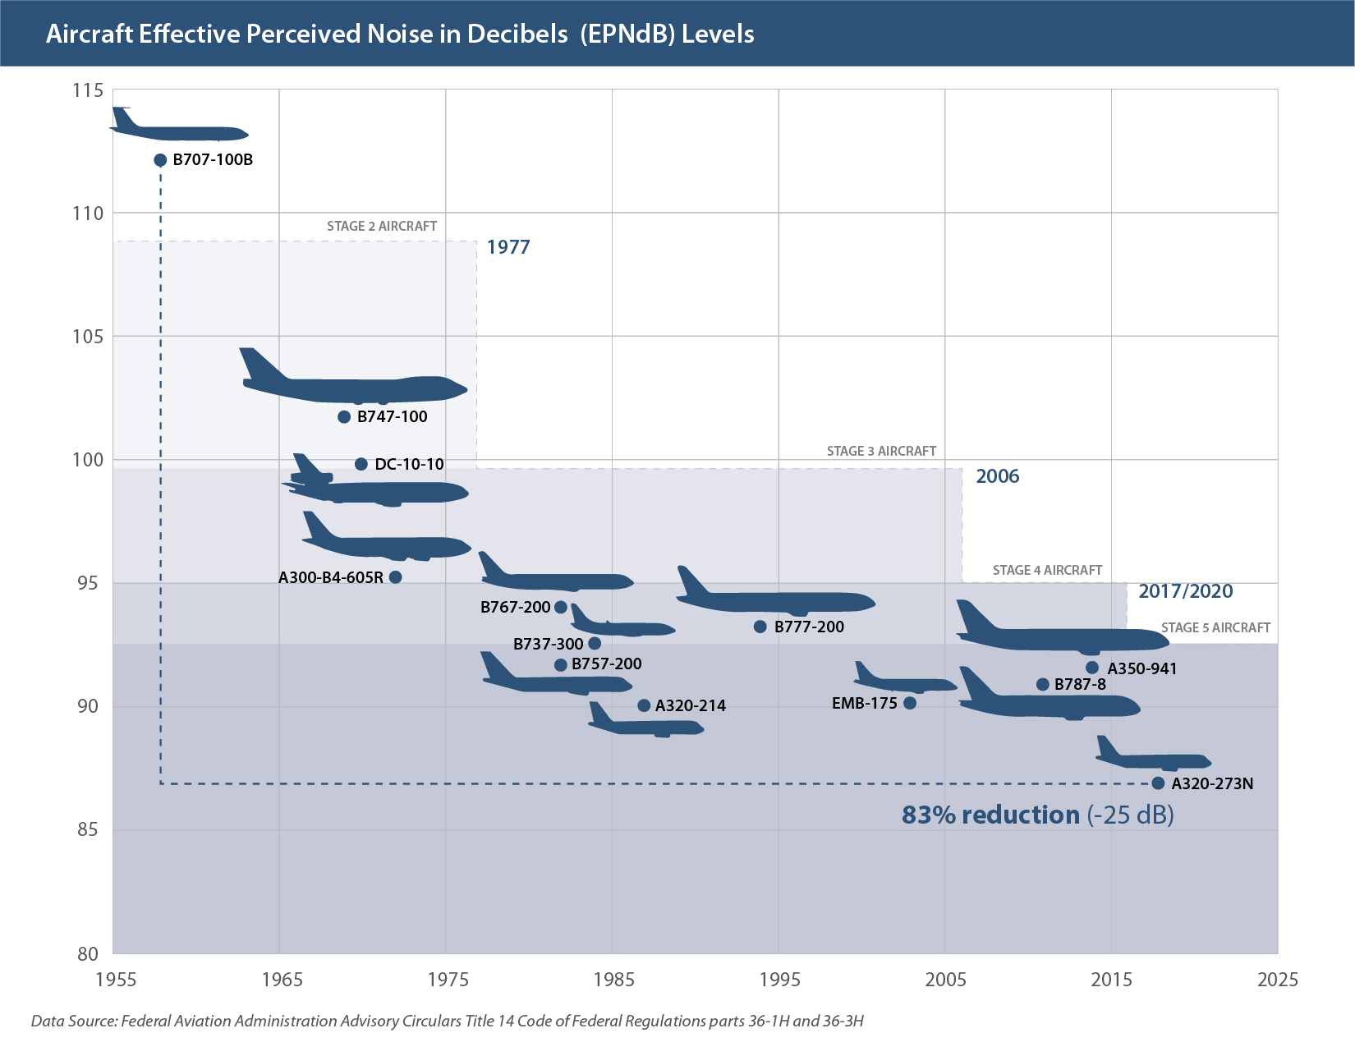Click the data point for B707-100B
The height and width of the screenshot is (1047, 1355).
click(160, 160)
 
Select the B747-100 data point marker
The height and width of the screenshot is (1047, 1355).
click(344, 417)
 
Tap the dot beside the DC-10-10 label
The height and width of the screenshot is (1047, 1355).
click(361, 465)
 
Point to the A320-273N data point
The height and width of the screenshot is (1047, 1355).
click(1158, 783)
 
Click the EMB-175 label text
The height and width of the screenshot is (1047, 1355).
click(864, 704)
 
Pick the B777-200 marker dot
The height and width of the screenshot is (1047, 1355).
click(760, 627)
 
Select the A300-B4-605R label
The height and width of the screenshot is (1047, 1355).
click(330, 578)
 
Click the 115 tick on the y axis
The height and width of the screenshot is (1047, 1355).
click(88, 90)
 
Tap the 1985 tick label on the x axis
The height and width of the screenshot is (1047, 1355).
click(613, 980)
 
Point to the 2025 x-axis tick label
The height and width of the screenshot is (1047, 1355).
click(1278, 980)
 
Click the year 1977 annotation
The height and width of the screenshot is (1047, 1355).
click(508, 247)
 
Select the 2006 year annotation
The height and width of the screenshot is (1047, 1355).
click(997, 476)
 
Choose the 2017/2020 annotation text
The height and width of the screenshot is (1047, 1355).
click(1185, 591)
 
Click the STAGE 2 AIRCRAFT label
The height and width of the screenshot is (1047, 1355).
click(382, 227)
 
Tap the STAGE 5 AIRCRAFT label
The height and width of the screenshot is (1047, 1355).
click(1215, 628)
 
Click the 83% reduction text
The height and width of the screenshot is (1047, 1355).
click(990, 815)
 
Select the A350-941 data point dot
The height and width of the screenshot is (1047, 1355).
click(1092, 668)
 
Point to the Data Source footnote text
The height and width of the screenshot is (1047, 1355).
click(448, 1022)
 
